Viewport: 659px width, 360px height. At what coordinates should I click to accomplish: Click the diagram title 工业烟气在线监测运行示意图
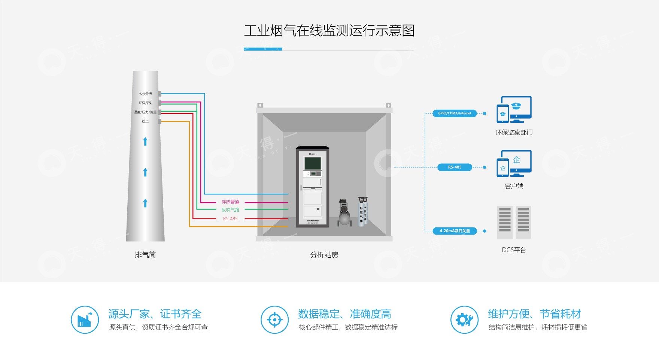pyautogui.click(x=329, y=31)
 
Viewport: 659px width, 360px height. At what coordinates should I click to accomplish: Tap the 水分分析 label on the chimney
pyautogui.click(x=145, y=94)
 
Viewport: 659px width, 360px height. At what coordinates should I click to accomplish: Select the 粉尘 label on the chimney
pyautogui.click(x=145, y=121)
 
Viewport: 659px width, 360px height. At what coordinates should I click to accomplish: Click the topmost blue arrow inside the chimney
pyautogui.click(x=145, y=141)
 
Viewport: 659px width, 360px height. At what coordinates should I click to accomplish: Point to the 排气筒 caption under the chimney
pyautogui.click(x=145, y=255)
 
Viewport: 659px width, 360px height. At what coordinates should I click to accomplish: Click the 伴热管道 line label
pyautogui.click(x=230, y=202)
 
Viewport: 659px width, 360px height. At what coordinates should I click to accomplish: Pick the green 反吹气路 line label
pyautogui.click(x=230, y=210)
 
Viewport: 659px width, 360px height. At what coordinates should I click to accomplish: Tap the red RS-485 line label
pyautogui.click(x=230, y=219)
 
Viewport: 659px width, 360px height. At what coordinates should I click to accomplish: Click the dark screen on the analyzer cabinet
pyautogui.click(x=313, y=163)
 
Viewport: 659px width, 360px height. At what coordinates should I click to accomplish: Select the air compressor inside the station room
pyautogui.click(x=344, y=213)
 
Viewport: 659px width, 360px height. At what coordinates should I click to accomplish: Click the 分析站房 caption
pyautogui.click(x=324, y=255)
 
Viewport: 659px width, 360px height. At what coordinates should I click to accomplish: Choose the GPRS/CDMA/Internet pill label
pyautogui.click(x=455, y=113)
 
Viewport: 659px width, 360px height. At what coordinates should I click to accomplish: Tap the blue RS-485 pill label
pyautogui.click(x=455, y=167)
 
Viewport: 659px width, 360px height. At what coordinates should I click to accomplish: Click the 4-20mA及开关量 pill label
pyautogui.click(x=455, y=231)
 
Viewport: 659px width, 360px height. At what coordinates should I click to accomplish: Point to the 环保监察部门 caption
pyautogui.click(x=514, y=132)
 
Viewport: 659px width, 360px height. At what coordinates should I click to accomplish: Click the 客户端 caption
pyautogui.click(x=514, y=186)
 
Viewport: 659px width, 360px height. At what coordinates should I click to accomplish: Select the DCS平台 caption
pyautogui.click(x=514, y=250)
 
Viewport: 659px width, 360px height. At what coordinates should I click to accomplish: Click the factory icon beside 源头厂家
pyautogui.click(x=85, y=320)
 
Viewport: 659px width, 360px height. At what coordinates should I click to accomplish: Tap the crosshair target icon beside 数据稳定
pyautogui.click(x=275, y=320)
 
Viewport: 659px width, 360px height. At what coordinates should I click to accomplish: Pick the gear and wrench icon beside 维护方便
pyautogui.click(x=464, y=320)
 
